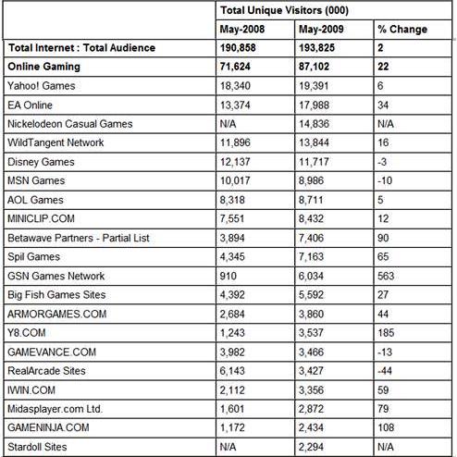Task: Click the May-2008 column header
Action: point(243,29)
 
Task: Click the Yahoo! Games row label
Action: point(42,85)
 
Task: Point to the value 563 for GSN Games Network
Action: point(386,276)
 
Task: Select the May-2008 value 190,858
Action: point(241,47)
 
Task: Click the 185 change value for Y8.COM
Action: point(386,333)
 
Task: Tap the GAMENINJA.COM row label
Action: point(48,428)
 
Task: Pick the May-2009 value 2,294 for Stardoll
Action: point(311,447)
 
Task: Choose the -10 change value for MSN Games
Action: point(384,180)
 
